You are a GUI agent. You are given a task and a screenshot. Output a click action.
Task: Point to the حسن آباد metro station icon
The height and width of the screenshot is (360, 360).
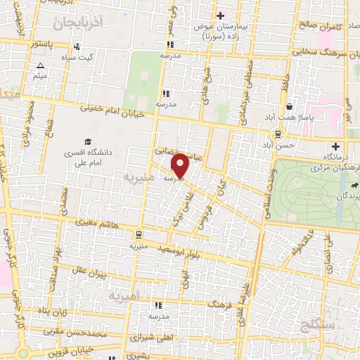click(278, 134)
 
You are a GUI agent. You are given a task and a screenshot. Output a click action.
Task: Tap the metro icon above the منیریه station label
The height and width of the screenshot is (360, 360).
click(139, 234)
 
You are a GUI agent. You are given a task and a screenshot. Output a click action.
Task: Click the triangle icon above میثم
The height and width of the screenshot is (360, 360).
click(40, 66)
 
